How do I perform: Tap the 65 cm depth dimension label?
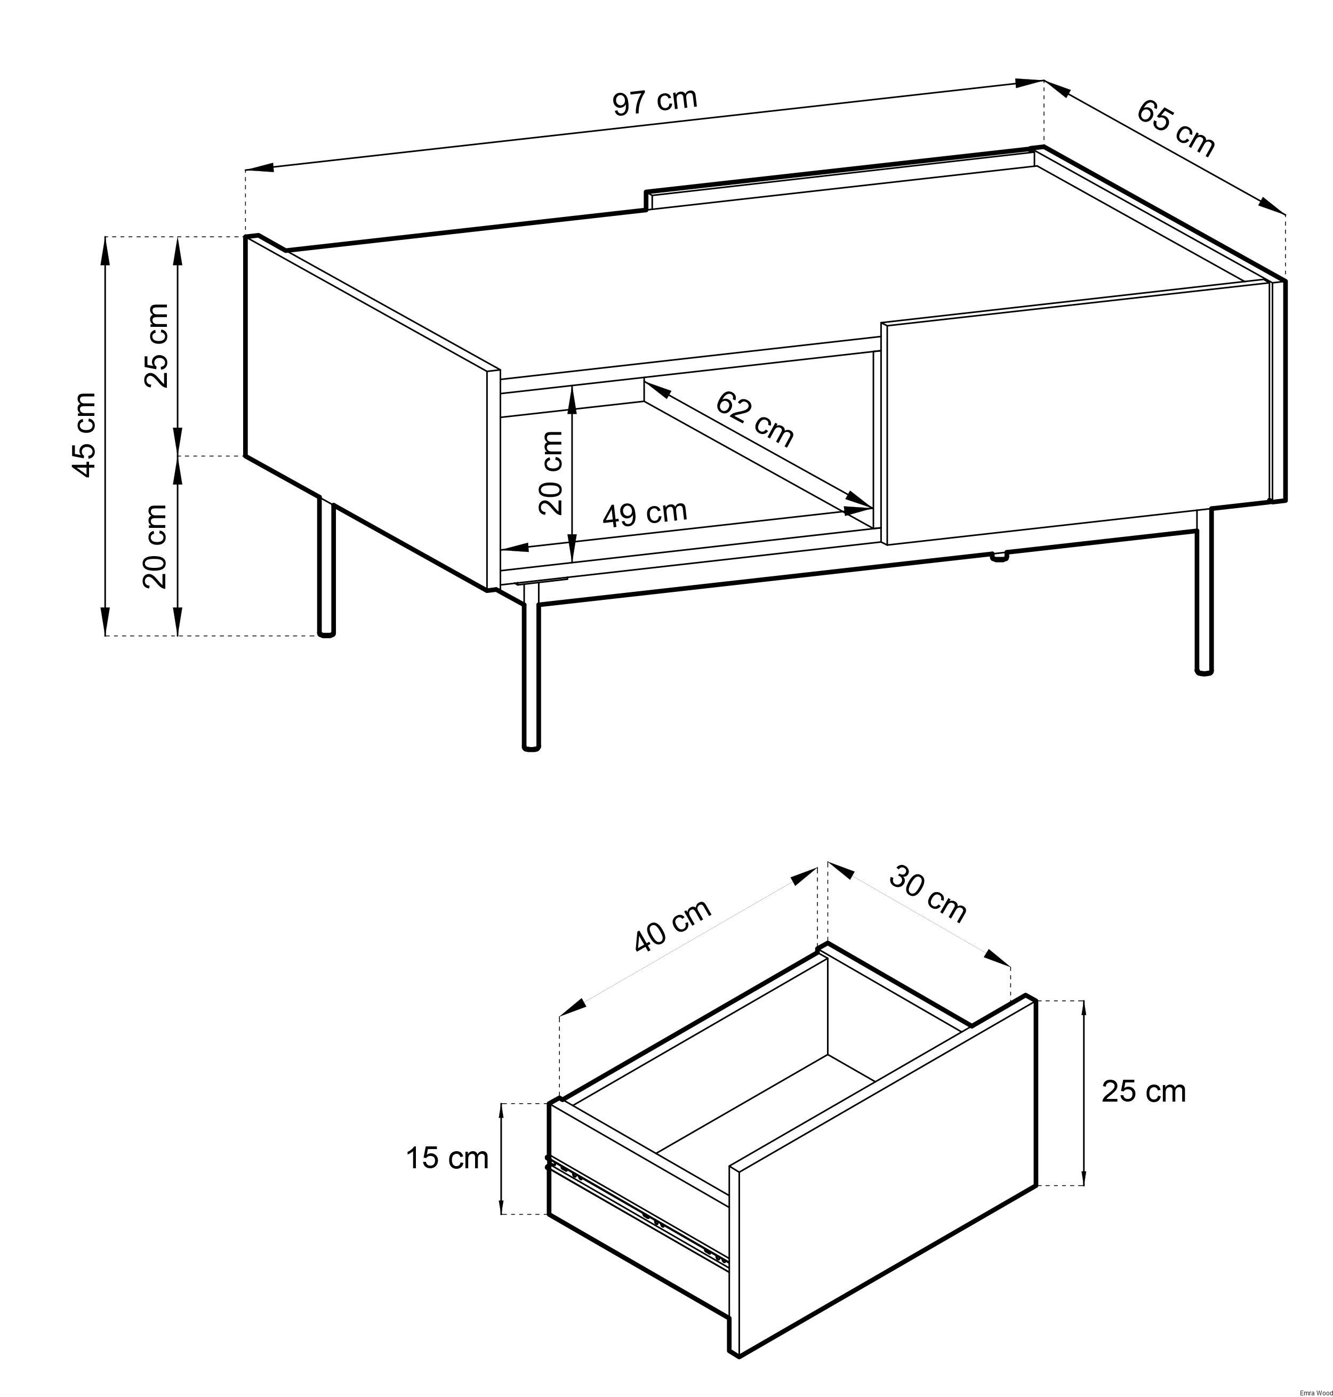click(x=1176, y=128)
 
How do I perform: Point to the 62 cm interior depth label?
click(x=754, y=419)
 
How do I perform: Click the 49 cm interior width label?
click(x=645, y=512)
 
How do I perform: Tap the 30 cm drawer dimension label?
click(x=928, y=894)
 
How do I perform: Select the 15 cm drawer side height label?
click(x=447, y=1158)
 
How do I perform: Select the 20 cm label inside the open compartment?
click(x=551, y=472)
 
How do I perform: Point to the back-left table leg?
click(x=325, y=566)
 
